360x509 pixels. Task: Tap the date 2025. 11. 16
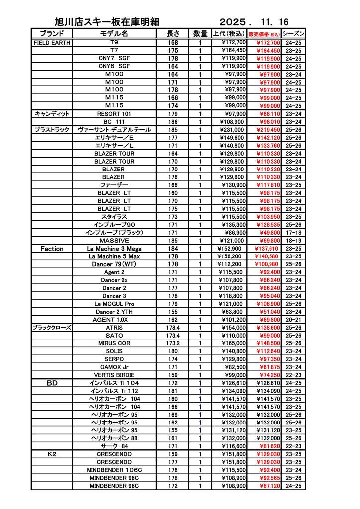254,22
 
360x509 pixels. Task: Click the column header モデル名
114,34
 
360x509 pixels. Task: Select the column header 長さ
173,34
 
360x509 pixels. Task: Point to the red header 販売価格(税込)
264,34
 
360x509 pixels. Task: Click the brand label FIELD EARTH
52,43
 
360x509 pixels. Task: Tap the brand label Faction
52,249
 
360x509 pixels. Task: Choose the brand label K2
52,454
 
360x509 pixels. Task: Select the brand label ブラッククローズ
52,328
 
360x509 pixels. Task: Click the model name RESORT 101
114,114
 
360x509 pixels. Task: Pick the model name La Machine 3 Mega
114,249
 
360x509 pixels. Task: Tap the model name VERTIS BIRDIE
114,375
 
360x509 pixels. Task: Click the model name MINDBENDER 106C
114,470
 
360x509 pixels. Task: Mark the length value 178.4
173,328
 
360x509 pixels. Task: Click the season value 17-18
294,233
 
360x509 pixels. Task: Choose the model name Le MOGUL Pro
114,304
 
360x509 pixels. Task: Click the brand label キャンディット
52,114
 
